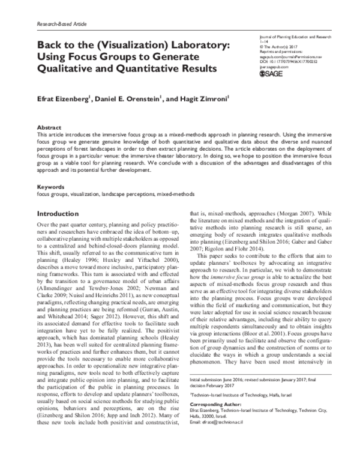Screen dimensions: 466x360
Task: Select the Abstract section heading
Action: [x=50, y=128]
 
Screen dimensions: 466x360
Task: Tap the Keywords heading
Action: [x=51, y=187]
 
